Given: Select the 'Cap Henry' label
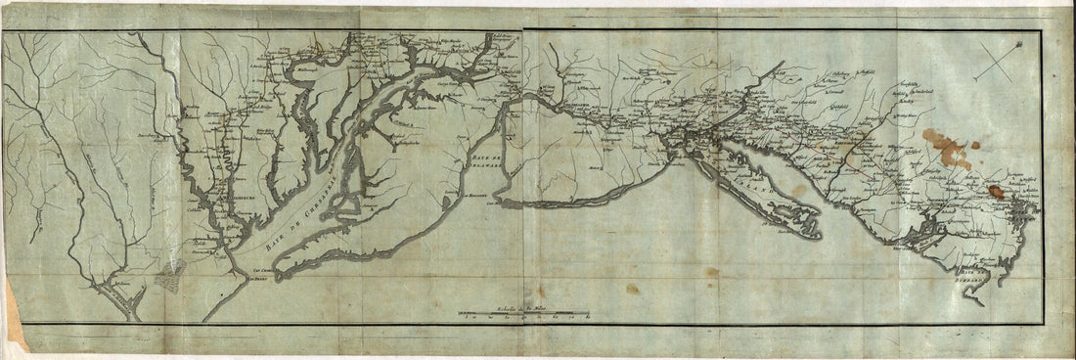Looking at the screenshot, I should click(256, 279).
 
